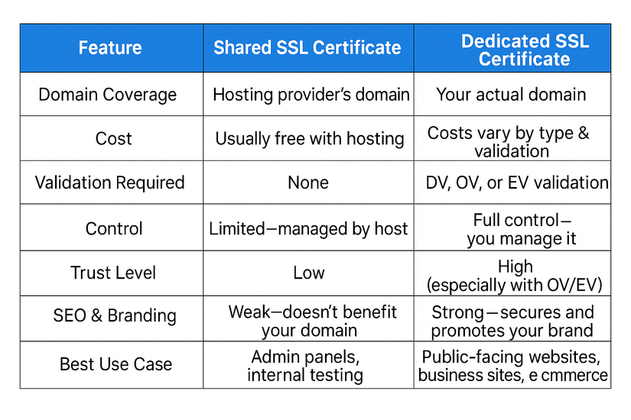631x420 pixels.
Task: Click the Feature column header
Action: tap(110, 48)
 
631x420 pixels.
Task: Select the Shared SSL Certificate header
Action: tap(307, 48)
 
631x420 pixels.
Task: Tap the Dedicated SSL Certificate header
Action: tap(525, 50)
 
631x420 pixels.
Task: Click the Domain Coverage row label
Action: tap(107, 95)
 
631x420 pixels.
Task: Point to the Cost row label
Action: tap(113, 139)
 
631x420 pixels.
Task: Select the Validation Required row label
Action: tap(109, 183)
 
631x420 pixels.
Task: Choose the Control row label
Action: tap(114, 228)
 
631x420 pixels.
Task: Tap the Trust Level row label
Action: tap(113, 273)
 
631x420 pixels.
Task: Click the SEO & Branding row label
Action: tap(115, 315)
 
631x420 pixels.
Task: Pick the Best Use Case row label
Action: tap(116, 364)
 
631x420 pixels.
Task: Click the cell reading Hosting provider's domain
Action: tap(311, 95)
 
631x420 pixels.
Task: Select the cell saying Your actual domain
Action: tap(511, 95)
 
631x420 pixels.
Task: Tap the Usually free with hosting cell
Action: tap(310, 139)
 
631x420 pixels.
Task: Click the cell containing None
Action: tap(308, 183)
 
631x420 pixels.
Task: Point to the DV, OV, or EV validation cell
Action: tap(517, 183)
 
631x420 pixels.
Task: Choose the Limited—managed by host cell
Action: tap(308, 229)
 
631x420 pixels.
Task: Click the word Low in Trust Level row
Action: tap(309, 273)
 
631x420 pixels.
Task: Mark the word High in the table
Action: tap(516, 267)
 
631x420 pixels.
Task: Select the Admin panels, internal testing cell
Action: tap(305, 366)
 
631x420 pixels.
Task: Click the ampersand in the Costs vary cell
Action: tap(584, 133)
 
